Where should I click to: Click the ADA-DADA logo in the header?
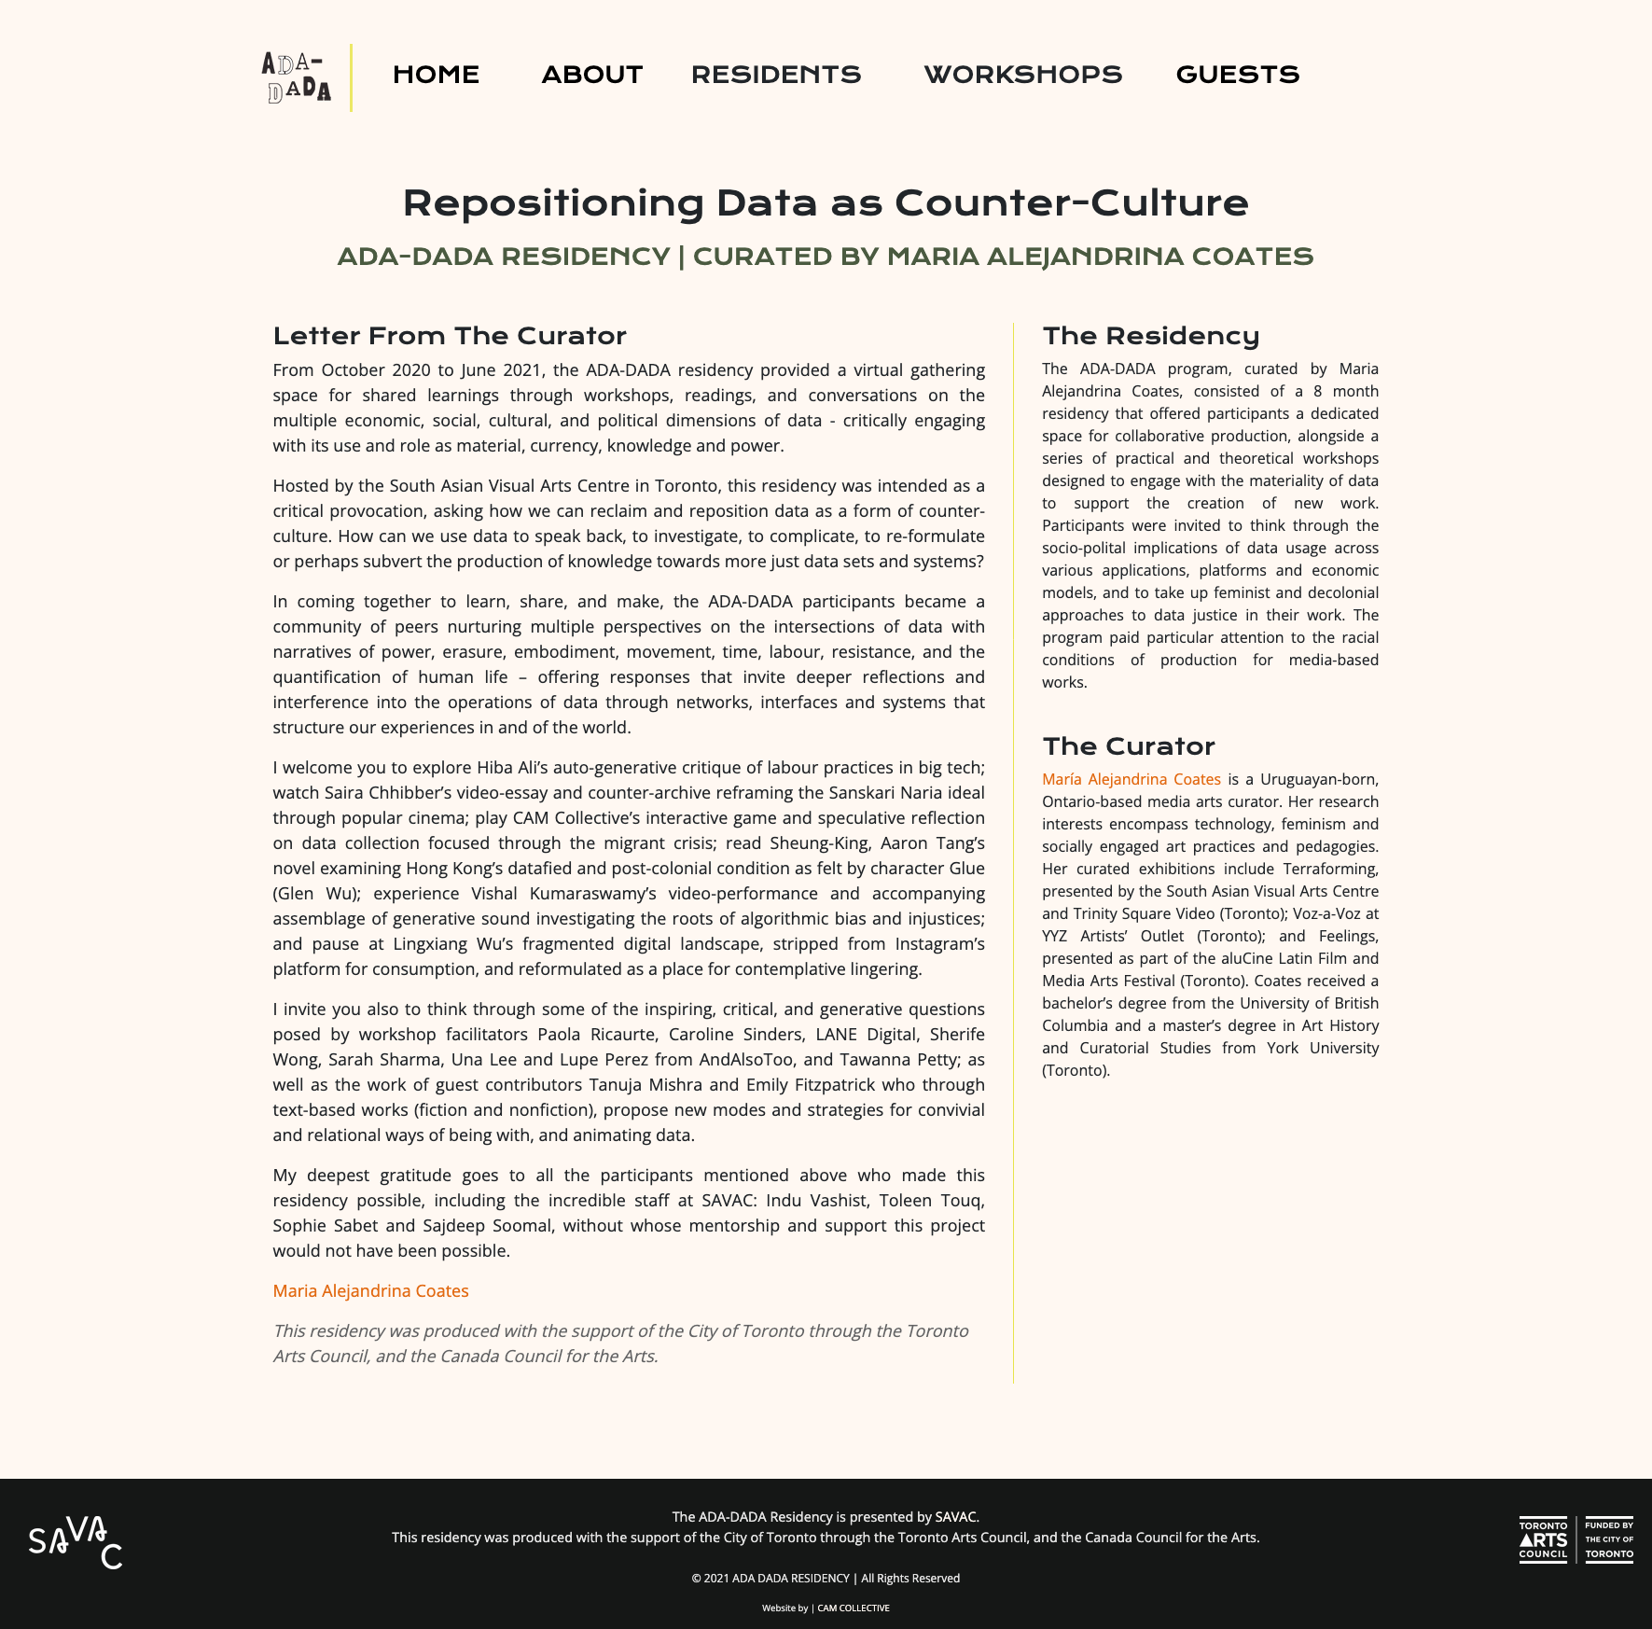[297, 77]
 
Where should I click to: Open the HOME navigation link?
[436, 75]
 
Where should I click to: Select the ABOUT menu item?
[592, 75]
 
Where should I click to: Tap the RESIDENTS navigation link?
[776, 75]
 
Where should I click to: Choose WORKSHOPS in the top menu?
[1023, 75]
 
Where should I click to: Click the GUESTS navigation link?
[1238, 75]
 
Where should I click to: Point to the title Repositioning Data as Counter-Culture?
[826, 203]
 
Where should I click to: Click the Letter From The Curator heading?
[450, 336]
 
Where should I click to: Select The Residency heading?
[1151, 336]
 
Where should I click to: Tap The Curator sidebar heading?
[1129, 746]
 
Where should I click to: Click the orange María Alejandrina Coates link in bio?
[1131, 779]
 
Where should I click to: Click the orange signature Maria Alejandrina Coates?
[370, 1290]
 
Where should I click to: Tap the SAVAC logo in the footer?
[76, 1541]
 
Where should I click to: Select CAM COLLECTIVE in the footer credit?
[854, 1608]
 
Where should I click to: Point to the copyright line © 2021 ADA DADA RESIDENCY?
[826, 1578]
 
